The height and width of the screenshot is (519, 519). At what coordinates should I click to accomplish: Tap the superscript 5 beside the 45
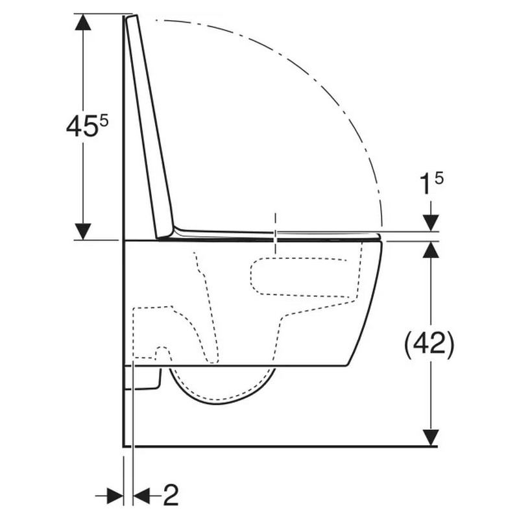[104, 121]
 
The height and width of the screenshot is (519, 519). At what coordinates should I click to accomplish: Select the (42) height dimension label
[429, 345]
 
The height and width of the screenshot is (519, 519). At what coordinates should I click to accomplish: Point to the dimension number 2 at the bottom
[171, 495]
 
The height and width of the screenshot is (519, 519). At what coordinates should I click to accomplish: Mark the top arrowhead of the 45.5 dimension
[83, 22]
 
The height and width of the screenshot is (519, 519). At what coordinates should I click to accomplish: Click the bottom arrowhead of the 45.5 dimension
[83, 232]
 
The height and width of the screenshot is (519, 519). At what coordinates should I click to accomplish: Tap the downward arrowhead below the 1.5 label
[431, 223]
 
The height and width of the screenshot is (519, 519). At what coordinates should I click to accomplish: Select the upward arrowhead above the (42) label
[431, 249]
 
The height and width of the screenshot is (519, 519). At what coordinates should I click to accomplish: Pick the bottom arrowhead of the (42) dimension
[431, 437]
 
